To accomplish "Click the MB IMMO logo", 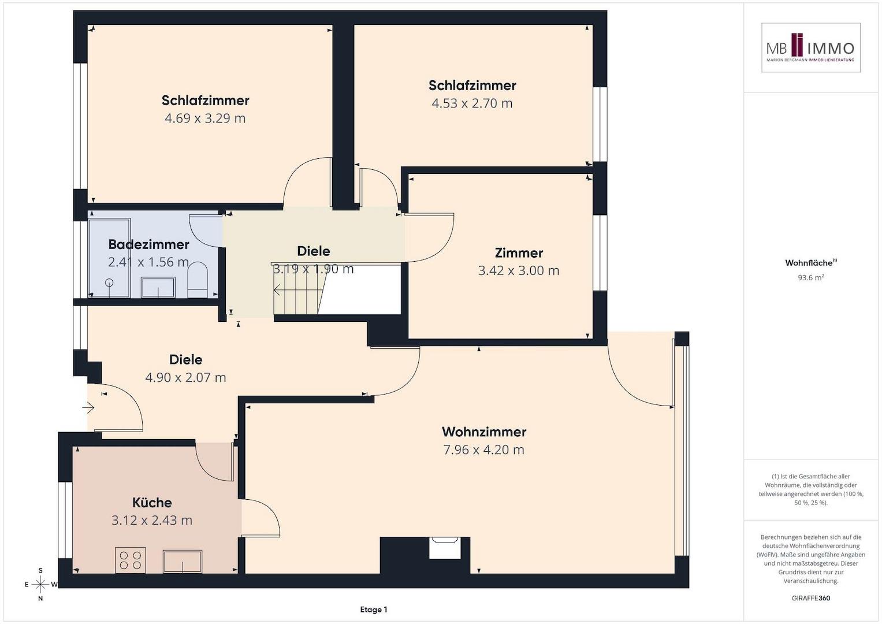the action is pyautogui.click(x=810, y=47).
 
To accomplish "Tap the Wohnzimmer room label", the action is pyautogui.click(x=484, y=432).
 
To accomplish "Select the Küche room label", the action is pyautogui.click(x=152, y=502).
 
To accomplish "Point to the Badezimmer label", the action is pyautogui.click(x=148, y=244).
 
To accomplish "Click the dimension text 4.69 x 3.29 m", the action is pyautogui.click(x=205, y=118).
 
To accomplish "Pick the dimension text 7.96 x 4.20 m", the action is pyautogui.click(x=484, y=450).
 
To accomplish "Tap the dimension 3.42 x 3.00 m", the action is pyautogui.click(x=519, y=270).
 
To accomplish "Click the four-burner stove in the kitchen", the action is pyautogui.click(x=131, y=560).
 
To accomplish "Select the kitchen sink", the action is pyautogui.click(x=183, y=562).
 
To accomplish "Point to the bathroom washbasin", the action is pyautogui.click(x=158, y=287).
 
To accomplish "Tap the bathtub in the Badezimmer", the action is pyautogui.click(x=110, y=258).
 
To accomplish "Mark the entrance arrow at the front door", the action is pyautogui.click(x=88, y=408).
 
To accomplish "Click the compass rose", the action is pyautogui.click(x=40, y=584).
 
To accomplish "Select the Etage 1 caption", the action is pyautogui.click(x=374, y=610).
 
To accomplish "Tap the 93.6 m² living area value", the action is pyautogui.click(x=811, y=277).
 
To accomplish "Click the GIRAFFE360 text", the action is pyautogui.click(x=811, y=598).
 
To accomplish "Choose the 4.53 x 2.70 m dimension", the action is pyautogui.click(x=472, y=103).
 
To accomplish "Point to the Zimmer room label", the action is pyautogui.click(x=519, y=252).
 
